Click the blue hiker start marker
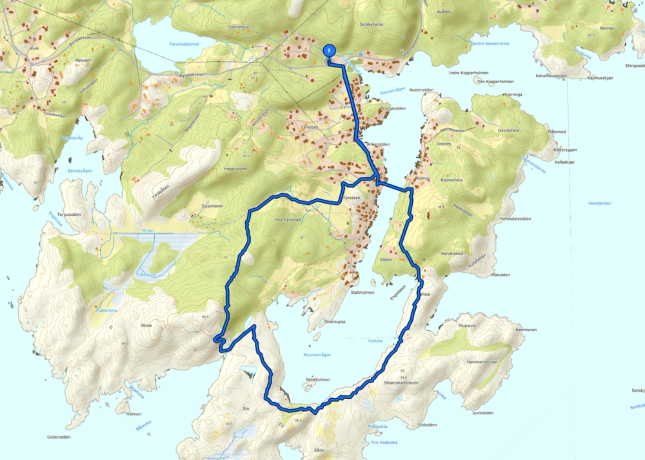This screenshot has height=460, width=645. click(x=329, y=50)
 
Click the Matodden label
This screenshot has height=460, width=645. click(x=501, y=274)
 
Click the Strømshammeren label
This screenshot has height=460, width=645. click(x=401, y=383)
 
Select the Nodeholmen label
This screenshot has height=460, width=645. click(x=317, y=379)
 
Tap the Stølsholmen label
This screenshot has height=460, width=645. click(x=362, y=292)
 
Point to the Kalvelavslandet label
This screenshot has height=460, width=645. click(x=550, y=75)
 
